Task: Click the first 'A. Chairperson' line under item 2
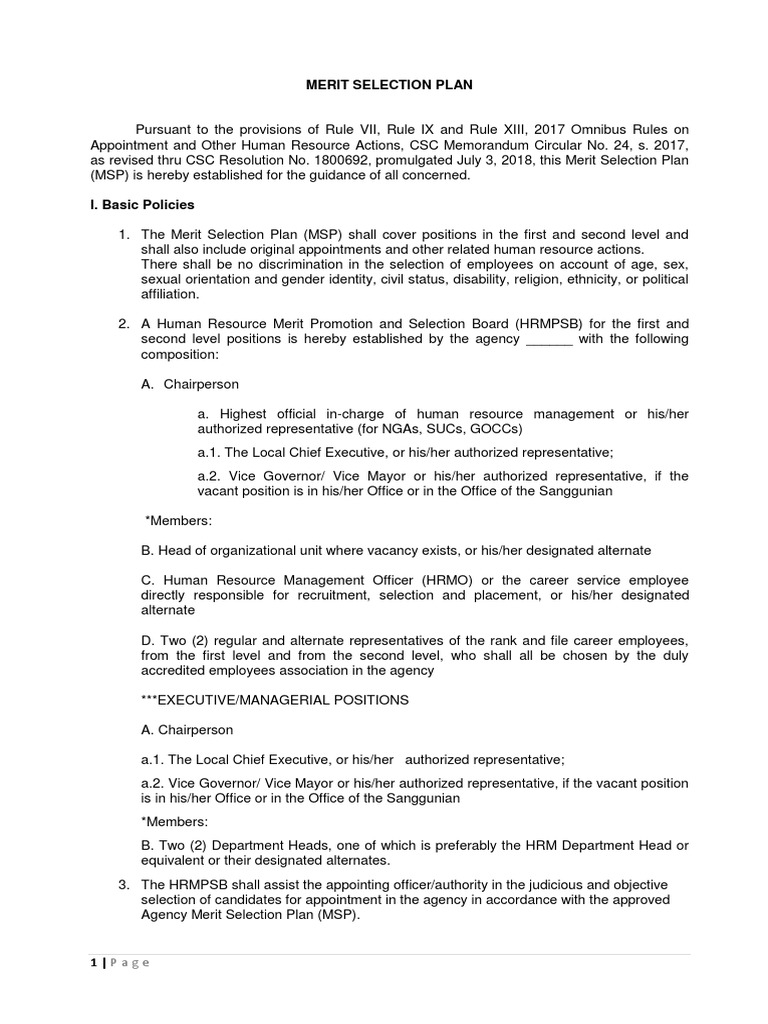(190, 384)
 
